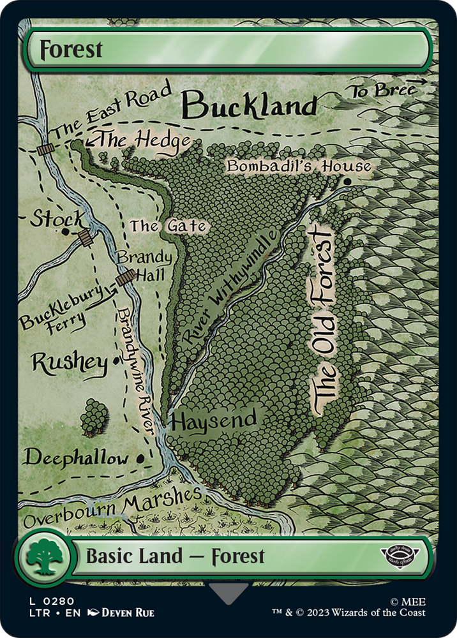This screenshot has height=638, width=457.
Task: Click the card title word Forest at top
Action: [71, 50]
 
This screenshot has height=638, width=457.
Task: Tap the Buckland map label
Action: [250, 105]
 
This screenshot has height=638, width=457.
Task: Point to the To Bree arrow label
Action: [387, 90]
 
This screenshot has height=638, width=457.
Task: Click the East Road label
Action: [112, 110]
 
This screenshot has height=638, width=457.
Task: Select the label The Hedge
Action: [143, 140]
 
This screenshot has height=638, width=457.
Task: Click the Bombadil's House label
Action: [299, 167]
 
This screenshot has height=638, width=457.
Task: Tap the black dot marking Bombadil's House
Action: [347, 182]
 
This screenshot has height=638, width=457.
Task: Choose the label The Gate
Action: [169, 226]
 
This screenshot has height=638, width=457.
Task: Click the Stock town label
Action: [57, 219]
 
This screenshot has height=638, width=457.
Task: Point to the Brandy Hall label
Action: [144, 266]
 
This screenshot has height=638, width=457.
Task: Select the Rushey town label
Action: [69, 364]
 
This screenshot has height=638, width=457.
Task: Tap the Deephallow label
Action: [76, 457]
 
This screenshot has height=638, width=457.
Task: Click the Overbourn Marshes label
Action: [112, 508]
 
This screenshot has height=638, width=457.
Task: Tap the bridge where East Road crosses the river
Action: [45, 149]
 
